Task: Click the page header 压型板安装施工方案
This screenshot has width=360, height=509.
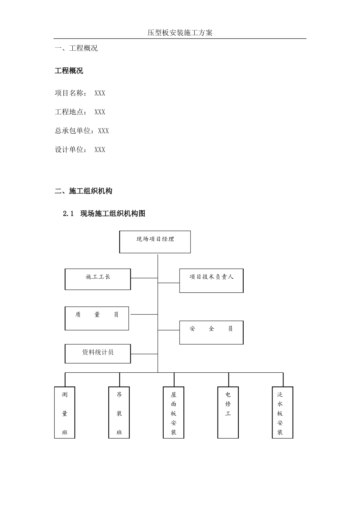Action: point(180,33)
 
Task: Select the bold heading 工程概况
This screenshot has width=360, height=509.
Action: point(69,71)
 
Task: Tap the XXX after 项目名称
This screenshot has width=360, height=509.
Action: point(100,93)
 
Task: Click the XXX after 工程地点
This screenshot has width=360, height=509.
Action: point(100,112)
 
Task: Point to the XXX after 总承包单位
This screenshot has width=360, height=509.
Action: point(103,131)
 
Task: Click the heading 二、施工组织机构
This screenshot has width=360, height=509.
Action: point(84,191)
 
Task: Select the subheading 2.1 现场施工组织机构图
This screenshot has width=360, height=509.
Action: point(104,214)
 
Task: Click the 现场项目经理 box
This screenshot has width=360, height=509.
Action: point(155,242)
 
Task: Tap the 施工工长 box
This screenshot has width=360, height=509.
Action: point(98,279)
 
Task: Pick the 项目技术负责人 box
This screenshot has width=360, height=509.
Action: point(211,281)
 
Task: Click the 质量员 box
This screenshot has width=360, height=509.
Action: point(97,318)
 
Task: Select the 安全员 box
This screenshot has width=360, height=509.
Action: point(211,333)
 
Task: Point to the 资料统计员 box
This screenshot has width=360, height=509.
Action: point(98,353)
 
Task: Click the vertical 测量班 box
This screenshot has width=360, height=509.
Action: point(65,412)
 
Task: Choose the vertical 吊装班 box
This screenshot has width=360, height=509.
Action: point(119,412)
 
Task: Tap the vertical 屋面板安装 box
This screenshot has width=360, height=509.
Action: point(174,412)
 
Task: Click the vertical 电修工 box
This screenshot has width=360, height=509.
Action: point(228,412)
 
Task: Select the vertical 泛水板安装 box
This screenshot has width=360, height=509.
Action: point(283,412)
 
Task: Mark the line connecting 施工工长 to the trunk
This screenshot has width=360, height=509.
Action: point(144,278)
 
